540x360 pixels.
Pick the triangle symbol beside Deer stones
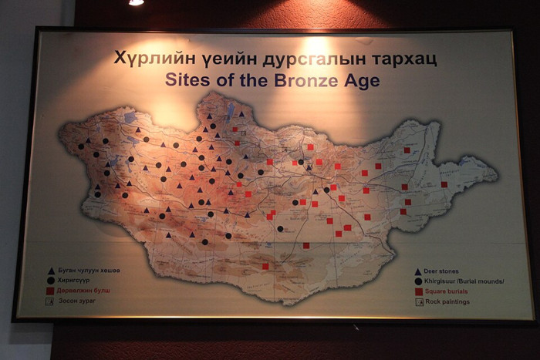point(418,272)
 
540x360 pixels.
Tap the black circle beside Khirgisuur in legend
point(418,282)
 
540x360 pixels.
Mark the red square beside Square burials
point(418,292)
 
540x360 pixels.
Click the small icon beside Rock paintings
point(418,302)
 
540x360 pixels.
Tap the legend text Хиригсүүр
point(77,281)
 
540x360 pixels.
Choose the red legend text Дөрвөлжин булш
point(86,291)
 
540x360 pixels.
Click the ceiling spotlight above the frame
point(136,2)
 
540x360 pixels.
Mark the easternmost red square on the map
point(444,184)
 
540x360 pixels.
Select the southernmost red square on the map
point(265,266)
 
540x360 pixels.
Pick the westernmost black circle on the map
point(81,146)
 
